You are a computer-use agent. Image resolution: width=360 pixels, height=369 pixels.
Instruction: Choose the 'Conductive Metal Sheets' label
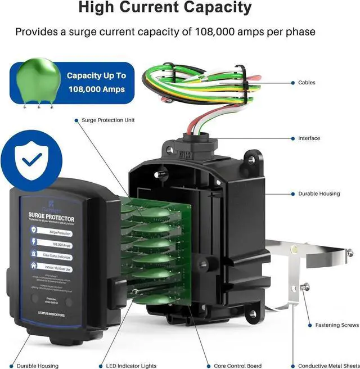(x=328, y=366)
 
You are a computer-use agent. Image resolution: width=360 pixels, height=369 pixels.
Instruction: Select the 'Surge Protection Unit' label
(x=108, y=120)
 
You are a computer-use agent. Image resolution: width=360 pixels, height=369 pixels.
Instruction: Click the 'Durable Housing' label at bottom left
(x=34, y=366)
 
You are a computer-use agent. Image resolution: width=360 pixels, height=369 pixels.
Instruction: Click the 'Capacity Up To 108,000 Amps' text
(x=96, y=82)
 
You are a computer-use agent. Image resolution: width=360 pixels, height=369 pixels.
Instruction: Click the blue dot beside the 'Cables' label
(x=293, y=83)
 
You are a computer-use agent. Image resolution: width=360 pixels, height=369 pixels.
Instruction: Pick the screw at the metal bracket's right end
(x=349, y=253)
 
